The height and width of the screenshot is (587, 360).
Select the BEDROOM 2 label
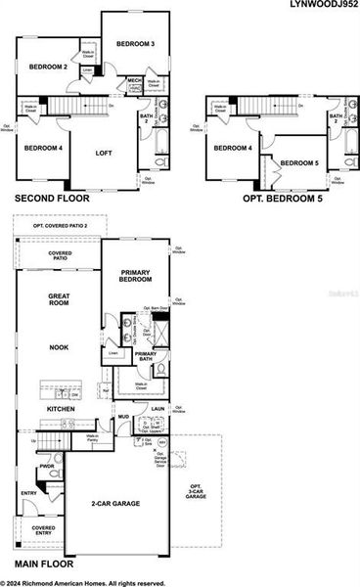click(46, 67)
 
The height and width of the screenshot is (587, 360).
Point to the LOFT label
click(105, 153)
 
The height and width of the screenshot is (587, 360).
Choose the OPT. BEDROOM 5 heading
click(282, 198)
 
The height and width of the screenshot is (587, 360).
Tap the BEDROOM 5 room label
click(299, 162)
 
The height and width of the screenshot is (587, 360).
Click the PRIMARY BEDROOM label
click(137, 275)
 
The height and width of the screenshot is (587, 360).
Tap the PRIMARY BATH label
click(145, 357)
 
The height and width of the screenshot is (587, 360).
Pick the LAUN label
click(157, 411)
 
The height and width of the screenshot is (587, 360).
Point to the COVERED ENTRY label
click(42, 531)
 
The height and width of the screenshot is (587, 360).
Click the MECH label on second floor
click(134, 80)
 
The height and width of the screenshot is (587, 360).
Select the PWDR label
click(46, 466)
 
